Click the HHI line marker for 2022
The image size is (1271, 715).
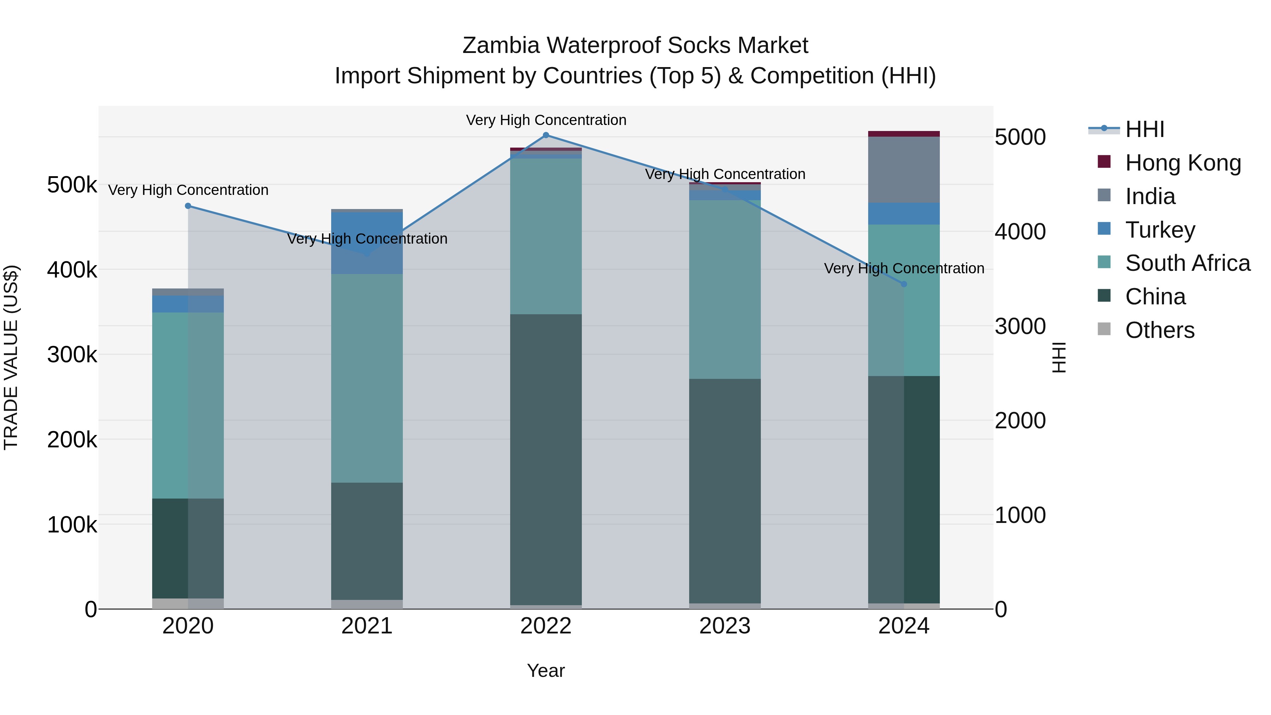point(546,135)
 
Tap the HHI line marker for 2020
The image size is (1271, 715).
point(188,206)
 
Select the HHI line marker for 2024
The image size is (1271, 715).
point(904,284)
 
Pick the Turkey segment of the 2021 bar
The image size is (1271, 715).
point(366,243)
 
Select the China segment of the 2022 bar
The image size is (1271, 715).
point(546,459)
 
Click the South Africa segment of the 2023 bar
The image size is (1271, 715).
point(725,289)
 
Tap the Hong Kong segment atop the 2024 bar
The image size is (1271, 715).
point(904,134)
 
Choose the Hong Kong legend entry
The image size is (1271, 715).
point(1183,163)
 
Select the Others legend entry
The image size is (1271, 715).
point(1159,330)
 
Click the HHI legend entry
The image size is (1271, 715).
point(1145,129)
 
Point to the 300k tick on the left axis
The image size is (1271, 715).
point(72,354)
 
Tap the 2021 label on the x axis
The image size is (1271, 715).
point(366,626)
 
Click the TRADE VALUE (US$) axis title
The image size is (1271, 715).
point(11,357)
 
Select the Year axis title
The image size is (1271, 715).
point(546,671)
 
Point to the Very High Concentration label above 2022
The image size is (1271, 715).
point(546,120)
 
